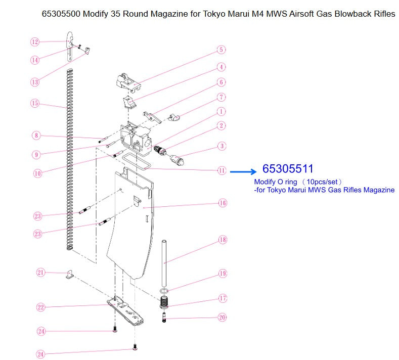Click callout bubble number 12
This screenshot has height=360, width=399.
34,42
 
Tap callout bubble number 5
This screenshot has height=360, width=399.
221,50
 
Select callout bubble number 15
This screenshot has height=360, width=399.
34,103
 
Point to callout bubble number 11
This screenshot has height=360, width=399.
221,170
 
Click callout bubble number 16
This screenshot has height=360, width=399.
222,203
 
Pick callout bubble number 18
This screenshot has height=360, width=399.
222,240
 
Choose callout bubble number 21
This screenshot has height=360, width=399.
41,273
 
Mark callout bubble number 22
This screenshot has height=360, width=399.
41,307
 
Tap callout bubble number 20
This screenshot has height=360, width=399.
222,318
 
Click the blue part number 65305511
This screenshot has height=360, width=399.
288,169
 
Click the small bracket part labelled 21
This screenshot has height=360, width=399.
69,275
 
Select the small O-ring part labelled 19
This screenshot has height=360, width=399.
163,291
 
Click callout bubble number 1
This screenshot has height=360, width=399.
221,111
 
